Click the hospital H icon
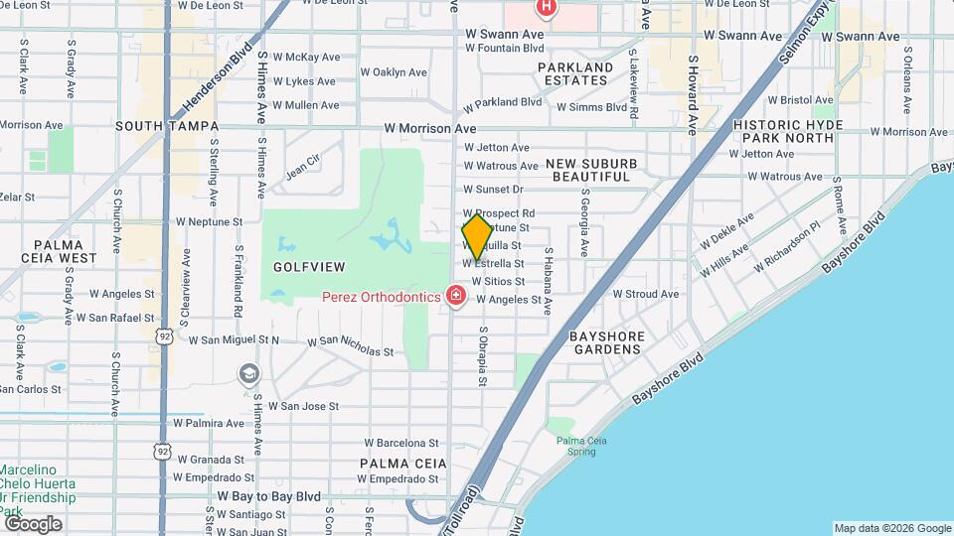click(x=545, y=8)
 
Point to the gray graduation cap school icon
click(x=248, y=373)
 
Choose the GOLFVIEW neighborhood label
click(x=309, y=267)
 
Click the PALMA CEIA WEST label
click(x=66, y=250)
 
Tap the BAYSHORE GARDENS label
click(x=607, y=342)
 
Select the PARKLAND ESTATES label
click(x=575, y=74)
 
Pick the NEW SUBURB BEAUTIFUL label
click(x=591, y=169)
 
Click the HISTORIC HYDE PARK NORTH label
click(x=788, y=131)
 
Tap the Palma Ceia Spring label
click(x=576, y=446)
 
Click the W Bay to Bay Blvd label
click(x=268, y=495)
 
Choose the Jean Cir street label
click(x=302, y=165)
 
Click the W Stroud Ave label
click(x=645, y=294)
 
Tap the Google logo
click(x=33, y=524)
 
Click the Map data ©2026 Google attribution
click(x=891, y=528)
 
